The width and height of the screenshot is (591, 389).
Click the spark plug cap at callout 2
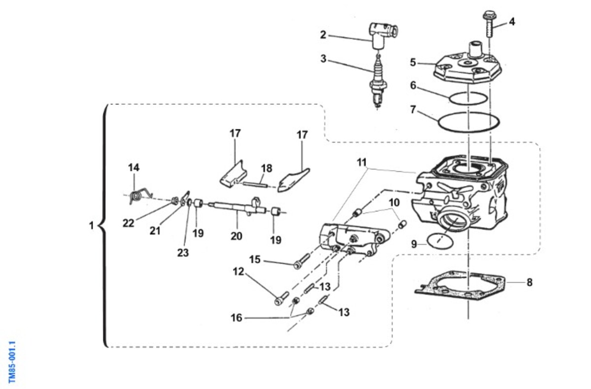click(x=383, y=35)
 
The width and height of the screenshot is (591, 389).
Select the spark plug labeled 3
click(x=378, y=82)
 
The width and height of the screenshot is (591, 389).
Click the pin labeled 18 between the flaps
click(x=255, y=184)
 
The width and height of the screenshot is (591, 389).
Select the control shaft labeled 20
click(x=237, y=207)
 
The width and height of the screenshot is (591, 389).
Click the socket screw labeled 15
click(x=301, y=261)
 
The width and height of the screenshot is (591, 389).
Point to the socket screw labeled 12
click(x=282, y=299)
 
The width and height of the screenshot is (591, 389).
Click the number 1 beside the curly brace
click(x=91, y=226)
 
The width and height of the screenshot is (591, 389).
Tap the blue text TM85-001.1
click(x=12, y=362)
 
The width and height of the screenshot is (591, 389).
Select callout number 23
click(x=183, y=253)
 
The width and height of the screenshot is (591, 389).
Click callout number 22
click(x=128, y=223)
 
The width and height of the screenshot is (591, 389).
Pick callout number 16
click(x=236, y=318)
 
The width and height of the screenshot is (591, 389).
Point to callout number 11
click(x=361, y=162)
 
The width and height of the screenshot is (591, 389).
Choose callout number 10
click(x=394, y=203)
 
